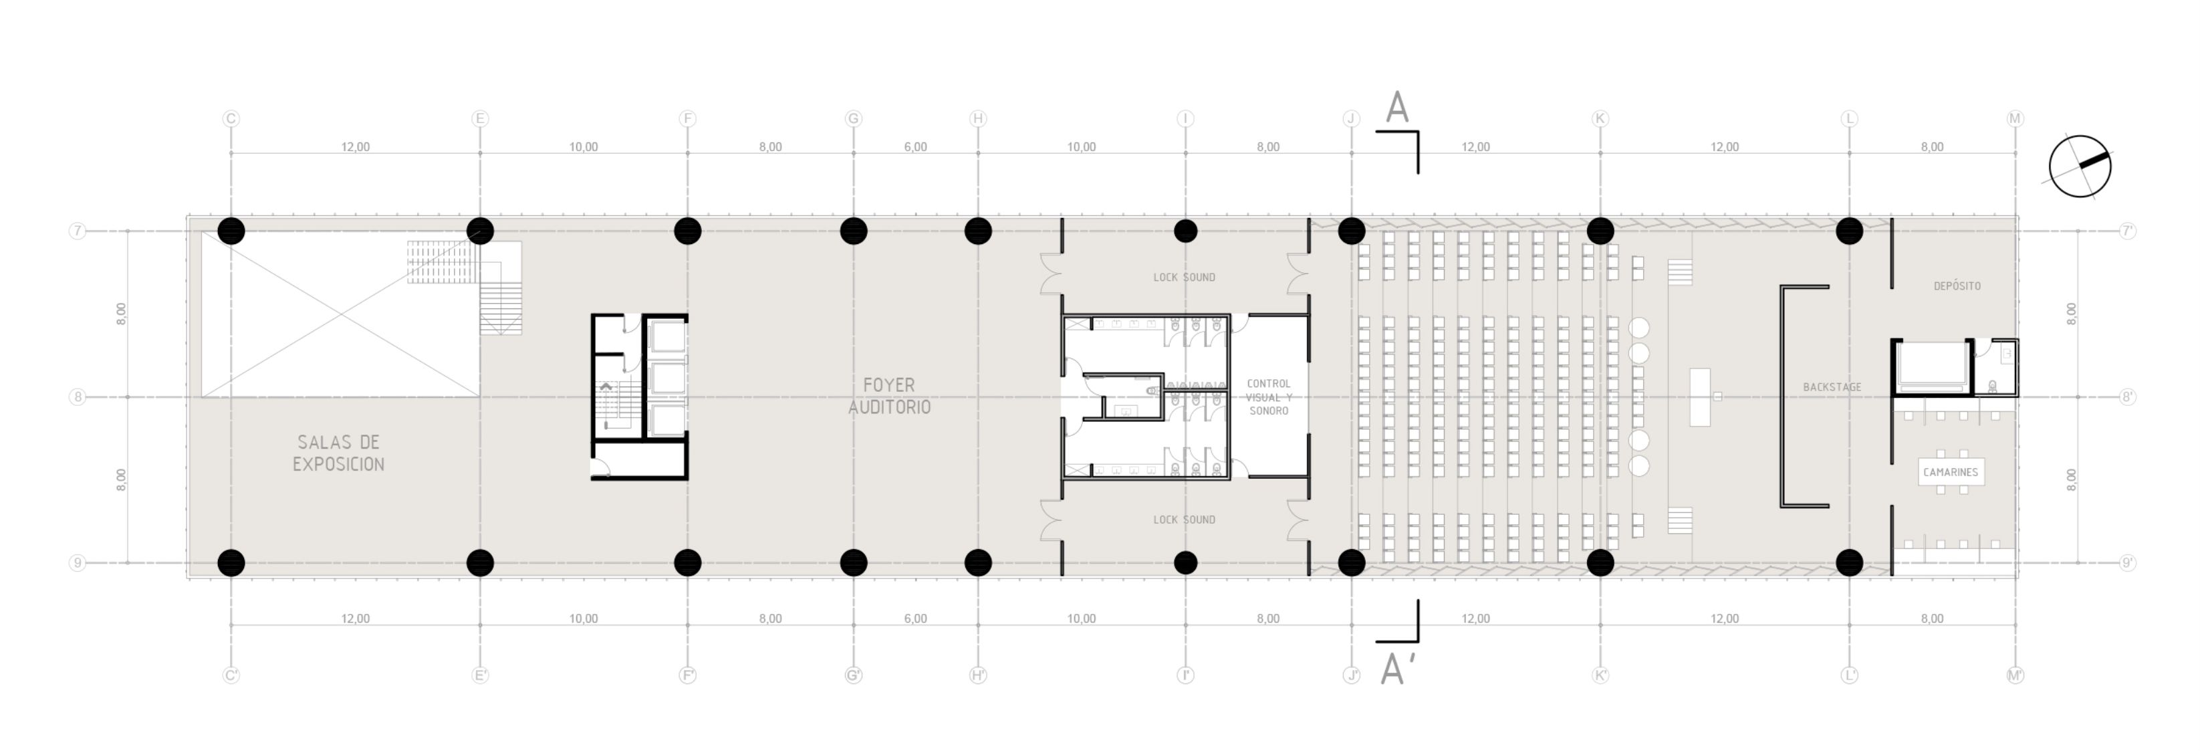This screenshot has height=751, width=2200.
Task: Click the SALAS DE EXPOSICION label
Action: pos(338,453)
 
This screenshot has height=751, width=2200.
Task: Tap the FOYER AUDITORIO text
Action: pos(889,396)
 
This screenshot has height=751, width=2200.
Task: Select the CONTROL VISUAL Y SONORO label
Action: pos(1268,397)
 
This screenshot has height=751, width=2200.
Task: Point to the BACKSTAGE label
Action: pos(1832,387)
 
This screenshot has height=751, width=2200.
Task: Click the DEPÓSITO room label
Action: pos(1957,286)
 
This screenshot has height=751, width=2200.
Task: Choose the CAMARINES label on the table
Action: pos(1950,471)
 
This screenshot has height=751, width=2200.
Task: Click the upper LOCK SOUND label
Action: pos(1184,277)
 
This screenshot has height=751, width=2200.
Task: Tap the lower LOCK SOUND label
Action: pos(1184,520)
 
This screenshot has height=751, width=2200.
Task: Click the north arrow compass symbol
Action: pos(2080,167)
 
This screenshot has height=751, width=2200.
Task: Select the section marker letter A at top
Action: pos(1396,108)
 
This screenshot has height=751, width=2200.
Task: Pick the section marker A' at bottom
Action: pos(1393,669)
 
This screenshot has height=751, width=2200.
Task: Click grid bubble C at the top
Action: pos(231,119)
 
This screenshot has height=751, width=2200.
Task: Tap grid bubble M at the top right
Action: pos(2015,119)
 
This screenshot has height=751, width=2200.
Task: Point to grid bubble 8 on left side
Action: pos(78,397)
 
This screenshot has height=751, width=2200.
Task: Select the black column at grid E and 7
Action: pos(480,231)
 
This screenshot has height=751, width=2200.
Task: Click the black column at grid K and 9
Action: pos(1600,562)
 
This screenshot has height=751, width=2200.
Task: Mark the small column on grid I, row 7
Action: pos(1185,231)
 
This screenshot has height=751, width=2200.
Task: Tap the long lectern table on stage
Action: pos(1699,397)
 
